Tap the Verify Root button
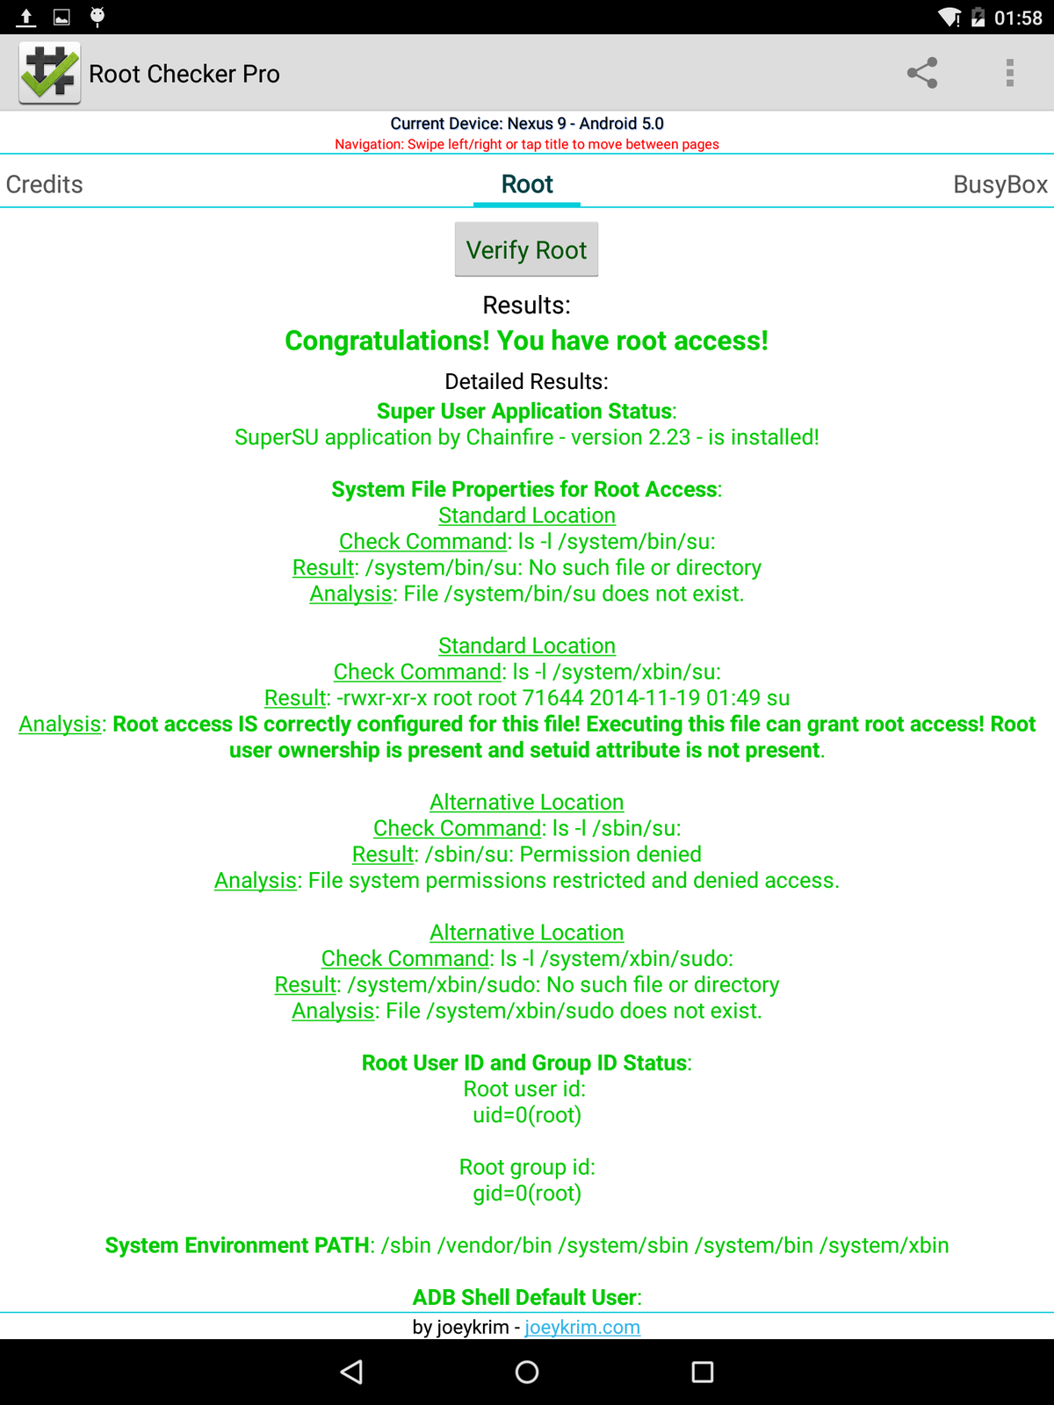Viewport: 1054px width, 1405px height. pos(526,250)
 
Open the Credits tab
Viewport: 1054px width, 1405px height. pos(45,184)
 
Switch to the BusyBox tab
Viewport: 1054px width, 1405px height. pos(1000,184)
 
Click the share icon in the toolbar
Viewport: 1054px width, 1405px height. pos(922,73)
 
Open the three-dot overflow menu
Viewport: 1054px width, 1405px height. pos(1010,73)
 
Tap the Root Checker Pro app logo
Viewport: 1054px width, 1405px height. pos(50,73)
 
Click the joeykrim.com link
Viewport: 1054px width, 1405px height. pos(582,1327)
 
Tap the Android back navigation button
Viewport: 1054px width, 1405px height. pos(351,1372)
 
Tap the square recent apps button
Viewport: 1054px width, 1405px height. pos(703,1372)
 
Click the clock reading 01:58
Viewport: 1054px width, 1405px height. pos(1018,18)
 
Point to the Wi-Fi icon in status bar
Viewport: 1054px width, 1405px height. pos(949,18)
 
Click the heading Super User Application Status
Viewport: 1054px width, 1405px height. pos(525,411)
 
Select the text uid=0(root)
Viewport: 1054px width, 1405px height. pos(527,1115)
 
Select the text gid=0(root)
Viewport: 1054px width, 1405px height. pos(527,1193)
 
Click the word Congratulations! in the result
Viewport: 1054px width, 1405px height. pos(386,341)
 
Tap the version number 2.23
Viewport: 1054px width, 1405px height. pos(669,437)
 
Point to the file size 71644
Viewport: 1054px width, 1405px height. pos(552,698)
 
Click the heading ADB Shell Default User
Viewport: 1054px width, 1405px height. pos(525,1297)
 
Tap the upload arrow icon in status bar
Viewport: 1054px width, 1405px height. pos(26,17)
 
